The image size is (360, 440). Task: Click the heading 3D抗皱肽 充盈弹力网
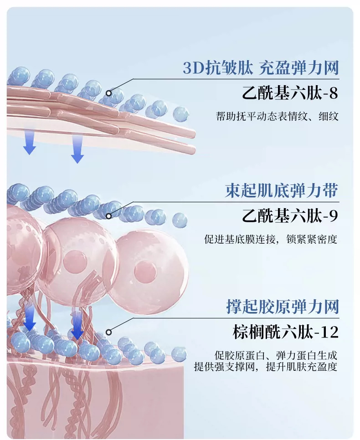(261, 68)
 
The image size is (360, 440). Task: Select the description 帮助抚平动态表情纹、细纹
(277, 116)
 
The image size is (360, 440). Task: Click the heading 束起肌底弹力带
(282, 191)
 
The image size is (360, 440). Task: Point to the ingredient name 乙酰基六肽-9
(289, 216)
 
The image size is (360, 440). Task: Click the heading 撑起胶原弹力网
(283, 307)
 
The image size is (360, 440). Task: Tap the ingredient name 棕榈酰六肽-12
(285, 332)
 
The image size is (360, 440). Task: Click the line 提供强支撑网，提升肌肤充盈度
(266, 366)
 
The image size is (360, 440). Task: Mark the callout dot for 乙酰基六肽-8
(109, 93)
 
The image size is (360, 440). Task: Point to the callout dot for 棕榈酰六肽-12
(108, 332)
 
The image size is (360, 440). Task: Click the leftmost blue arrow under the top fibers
(29, 141)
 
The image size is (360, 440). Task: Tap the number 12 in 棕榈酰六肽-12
(329, 333)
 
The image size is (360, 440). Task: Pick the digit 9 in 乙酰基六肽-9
(333, 216)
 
